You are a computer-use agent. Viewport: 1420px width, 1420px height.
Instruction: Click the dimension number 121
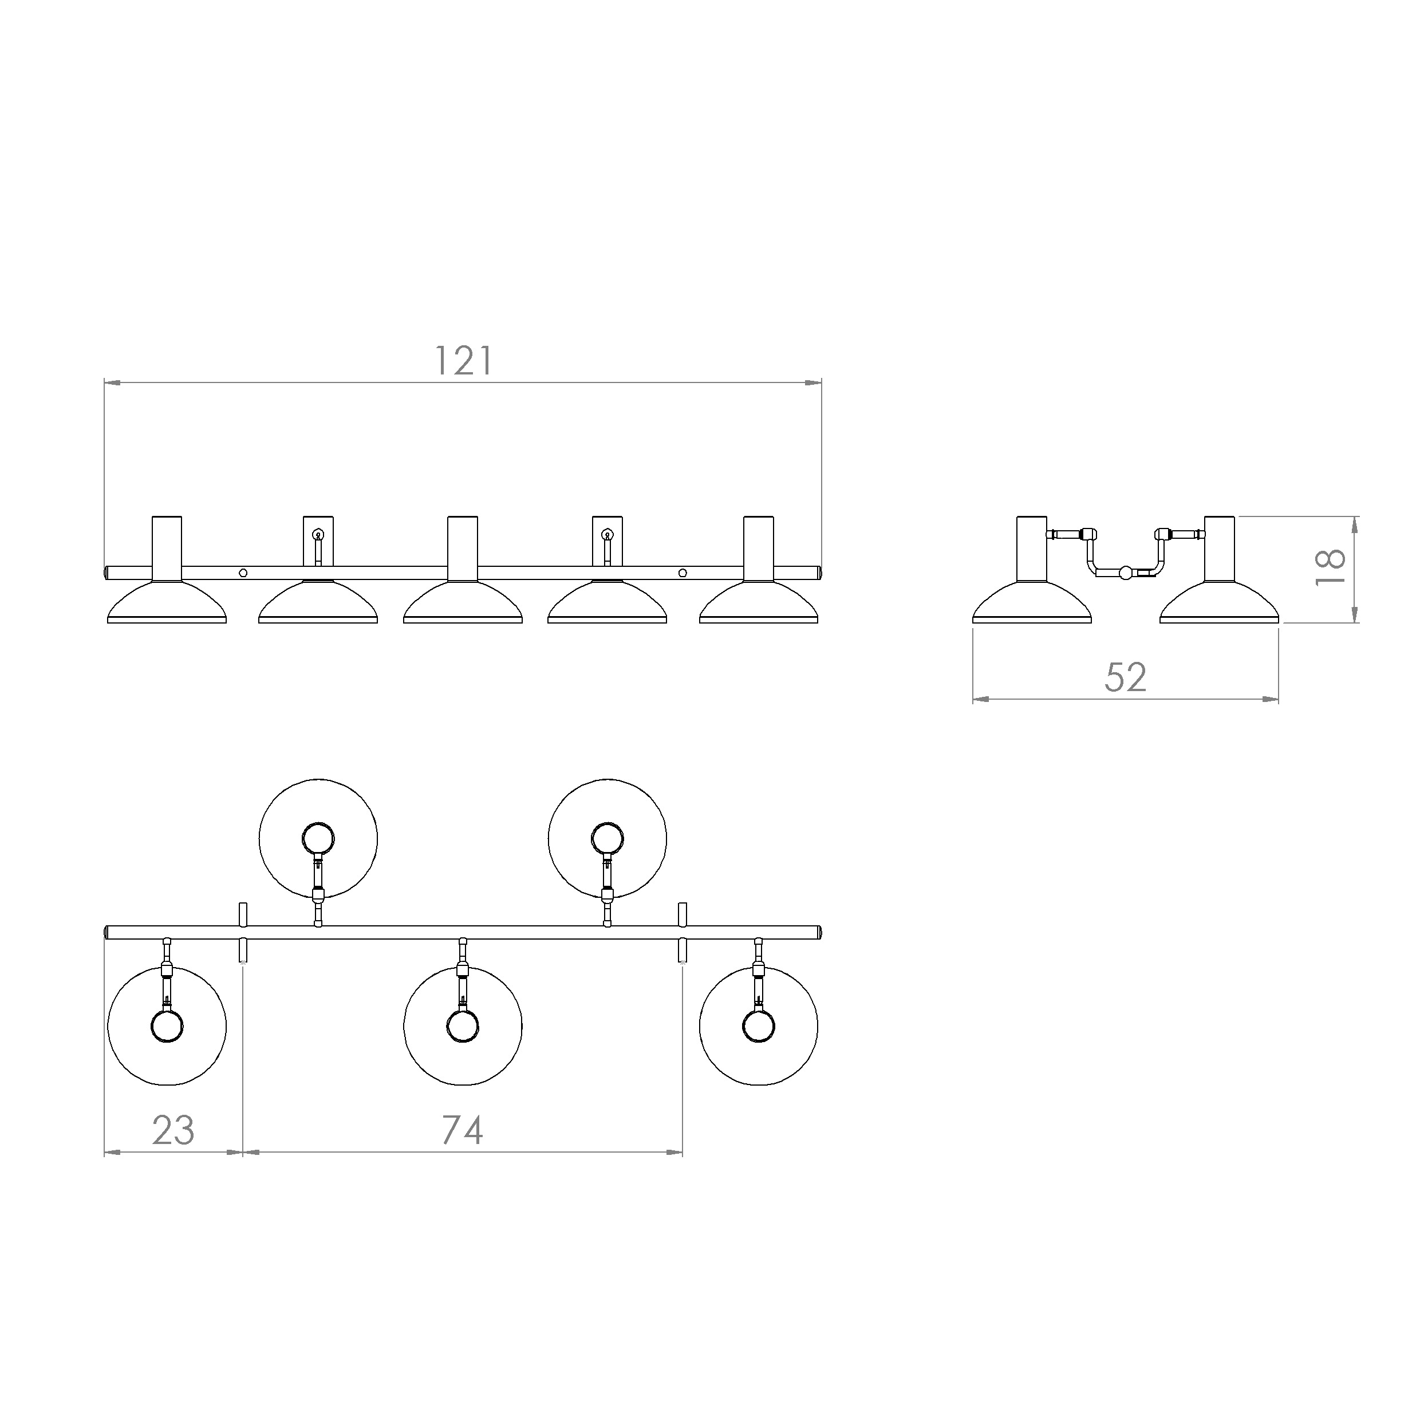tap(464, 361)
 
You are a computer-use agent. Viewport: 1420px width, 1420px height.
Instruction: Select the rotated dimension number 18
tap(1330, 567)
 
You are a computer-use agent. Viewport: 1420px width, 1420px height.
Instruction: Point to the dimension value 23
tap(173, 1130)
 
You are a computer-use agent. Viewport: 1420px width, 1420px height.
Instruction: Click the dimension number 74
tap(462, 1130)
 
